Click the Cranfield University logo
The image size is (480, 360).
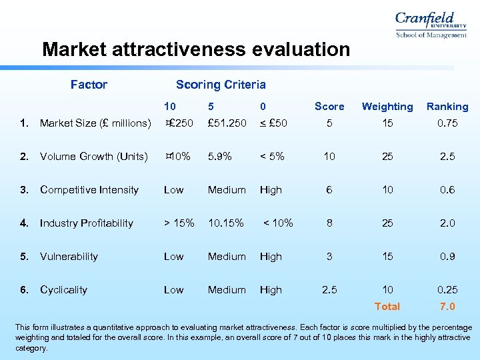(x=431, y=25)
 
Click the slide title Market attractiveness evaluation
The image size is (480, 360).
(x=195, y=49)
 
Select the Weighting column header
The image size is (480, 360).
(x=387, y=107)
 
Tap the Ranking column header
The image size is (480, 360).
(x=447, y=107)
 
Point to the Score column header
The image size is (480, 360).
(x=329, y=107)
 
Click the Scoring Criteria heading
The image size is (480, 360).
(x=221, y=85)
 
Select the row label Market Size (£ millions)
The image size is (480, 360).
(x=95, y=123)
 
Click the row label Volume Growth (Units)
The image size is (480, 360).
(x=93, y=157)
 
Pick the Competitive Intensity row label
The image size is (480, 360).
(x=89, y=190)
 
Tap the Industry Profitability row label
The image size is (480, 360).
(x=87, y=223)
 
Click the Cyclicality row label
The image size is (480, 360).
(x=63, y=290)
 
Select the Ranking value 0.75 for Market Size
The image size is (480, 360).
(x=447, y=123)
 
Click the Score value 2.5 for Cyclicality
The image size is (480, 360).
(x=329, y=290)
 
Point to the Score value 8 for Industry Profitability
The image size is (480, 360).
(x=329, y=223)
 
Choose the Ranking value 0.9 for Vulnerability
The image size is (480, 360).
(x=447, y=257)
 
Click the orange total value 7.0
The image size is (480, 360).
(x=447, y=307)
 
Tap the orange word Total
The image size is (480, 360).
(x=387, y=307)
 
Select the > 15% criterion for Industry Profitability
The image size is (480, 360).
(x=179, y=223)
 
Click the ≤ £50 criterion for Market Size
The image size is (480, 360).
(x=273, y=123)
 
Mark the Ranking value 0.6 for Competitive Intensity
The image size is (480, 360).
(x=447, y=190)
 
